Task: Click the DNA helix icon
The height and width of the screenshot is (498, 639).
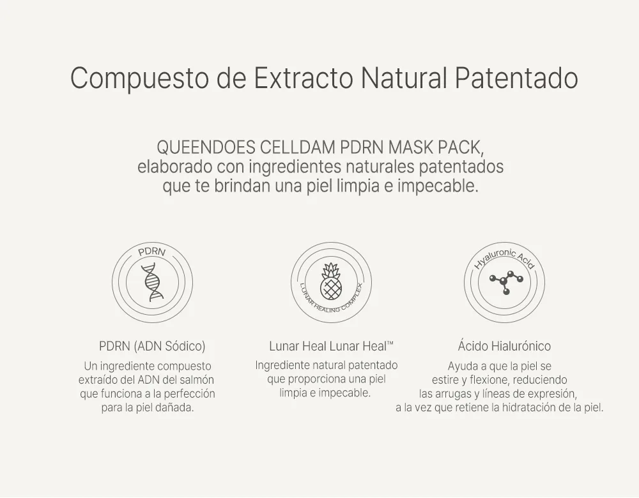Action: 152,282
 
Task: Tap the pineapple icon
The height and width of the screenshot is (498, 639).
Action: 330,281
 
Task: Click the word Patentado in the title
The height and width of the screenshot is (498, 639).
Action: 516,78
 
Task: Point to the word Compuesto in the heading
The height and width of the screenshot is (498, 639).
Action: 140,79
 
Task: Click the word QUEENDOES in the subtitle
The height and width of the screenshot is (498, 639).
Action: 206,147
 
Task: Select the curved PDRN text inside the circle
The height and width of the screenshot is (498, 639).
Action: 152,252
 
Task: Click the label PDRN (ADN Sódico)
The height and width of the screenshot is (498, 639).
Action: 152,346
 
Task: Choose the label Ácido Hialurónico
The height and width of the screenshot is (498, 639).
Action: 504,346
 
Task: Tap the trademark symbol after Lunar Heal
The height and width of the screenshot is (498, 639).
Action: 390,343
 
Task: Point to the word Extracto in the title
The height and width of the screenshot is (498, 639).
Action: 304,78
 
